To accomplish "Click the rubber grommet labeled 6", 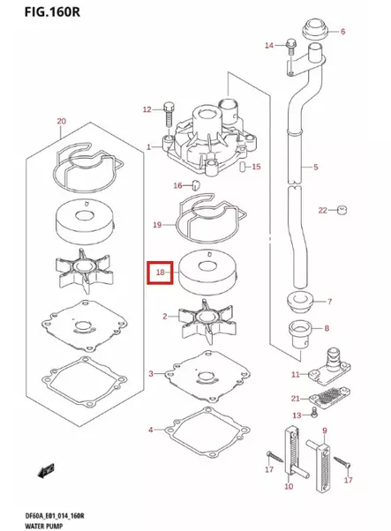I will (x=313, y=29).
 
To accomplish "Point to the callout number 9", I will (x=324, y=430).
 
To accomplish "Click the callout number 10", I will (x=288, y=486).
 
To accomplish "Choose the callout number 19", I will (x=157, y=225).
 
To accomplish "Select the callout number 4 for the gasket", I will (x=150, y=430).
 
